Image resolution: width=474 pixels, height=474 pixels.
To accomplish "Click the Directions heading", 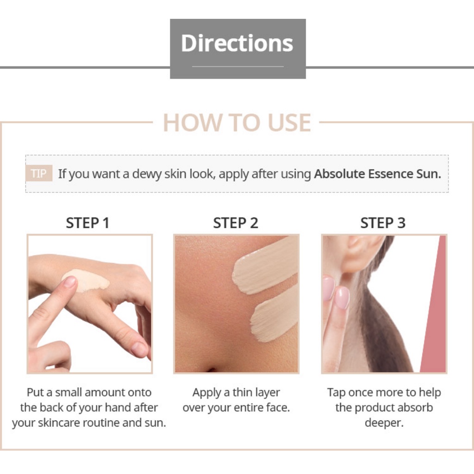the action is pyautogui.click(x=237, y=43).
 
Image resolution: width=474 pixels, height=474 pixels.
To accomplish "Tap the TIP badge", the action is pyautogui.click(x=39, y=173).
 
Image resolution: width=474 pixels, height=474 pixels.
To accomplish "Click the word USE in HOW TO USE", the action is pyautogui.click(x=289, y=122).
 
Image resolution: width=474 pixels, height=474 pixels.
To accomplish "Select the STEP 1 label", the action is pyautogui.click(x=87, y=223).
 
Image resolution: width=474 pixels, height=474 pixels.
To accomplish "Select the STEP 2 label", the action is pyautogui.click(x=236, y=223).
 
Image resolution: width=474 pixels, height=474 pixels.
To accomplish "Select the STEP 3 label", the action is pyautogui.click(x=383, y=223).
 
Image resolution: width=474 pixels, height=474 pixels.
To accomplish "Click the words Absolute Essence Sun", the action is pyautogui.click(x=378, y=174).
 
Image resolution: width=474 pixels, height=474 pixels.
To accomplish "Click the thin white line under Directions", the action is pyautogui.click(x=238, y=66).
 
